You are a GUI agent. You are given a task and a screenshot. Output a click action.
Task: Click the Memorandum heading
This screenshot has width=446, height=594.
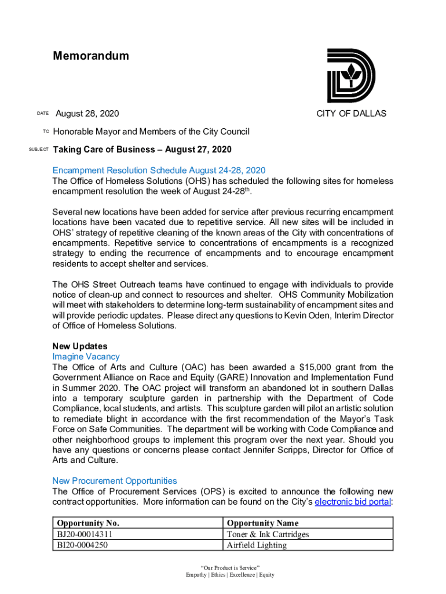tap(91, 56)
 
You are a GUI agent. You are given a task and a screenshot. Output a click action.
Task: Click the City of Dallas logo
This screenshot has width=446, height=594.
tap(351, 76)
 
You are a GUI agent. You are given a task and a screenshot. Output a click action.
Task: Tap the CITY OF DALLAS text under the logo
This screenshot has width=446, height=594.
tap(351, 114)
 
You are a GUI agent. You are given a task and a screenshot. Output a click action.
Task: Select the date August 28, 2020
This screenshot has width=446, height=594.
tap(87, 114)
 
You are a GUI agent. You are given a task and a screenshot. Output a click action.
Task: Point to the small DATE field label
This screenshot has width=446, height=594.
tap(42, 114)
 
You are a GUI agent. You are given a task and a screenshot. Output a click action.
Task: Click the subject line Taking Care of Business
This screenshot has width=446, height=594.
tap(142, 150)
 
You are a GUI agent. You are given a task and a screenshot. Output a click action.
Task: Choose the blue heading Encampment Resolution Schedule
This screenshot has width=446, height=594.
tap(159, 170)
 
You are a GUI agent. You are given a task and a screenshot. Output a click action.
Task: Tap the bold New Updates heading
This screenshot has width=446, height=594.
tap(80, 346)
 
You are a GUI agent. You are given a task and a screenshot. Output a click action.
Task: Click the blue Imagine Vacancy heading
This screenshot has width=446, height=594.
tap(86, 357)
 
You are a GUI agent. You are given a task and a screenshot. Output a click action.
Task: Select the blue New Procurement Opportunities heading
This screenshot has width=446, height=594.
tap(115, 481)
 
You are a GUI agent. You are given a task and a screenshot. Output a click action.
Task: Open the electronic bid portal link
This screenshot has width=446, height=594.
tap(353, 502)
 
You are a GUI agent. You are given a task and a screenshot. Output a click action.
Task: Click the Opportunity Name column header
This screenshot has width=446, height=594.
tap(263, 523)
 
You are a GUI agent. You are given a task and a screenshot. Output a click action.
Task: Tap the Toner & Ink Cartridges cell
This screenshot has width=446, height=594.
tap(268, 534)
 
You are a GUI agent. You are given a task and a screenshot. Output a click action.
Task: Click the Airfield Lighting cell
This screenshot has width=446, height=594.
tap(257, 545)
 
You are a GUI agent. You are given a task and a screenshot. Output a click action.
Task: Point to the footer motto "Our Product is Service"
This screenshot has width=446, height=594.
tap(230, 567)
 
